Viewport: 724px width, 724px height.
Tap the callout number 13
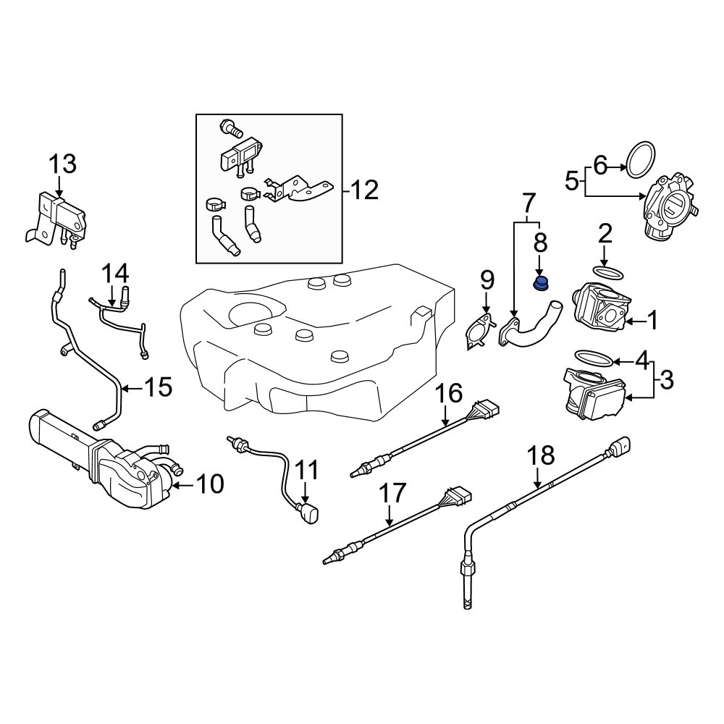pos(62,164)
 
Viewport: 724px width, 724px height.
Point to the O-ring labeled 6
pos(641,159)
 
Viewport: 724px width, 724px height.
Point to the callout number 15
pos(158,389)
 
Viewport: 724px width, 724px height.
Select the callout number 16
pos(448,395)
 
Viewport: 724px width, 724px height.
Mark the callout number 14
pos(114,274)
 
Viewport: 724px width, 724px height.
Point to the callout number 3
pos(666,378)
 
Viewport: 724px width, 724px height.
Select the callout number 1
pos(652,321)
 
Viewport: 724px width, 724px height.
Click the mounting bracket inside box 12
pos(297,190)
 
